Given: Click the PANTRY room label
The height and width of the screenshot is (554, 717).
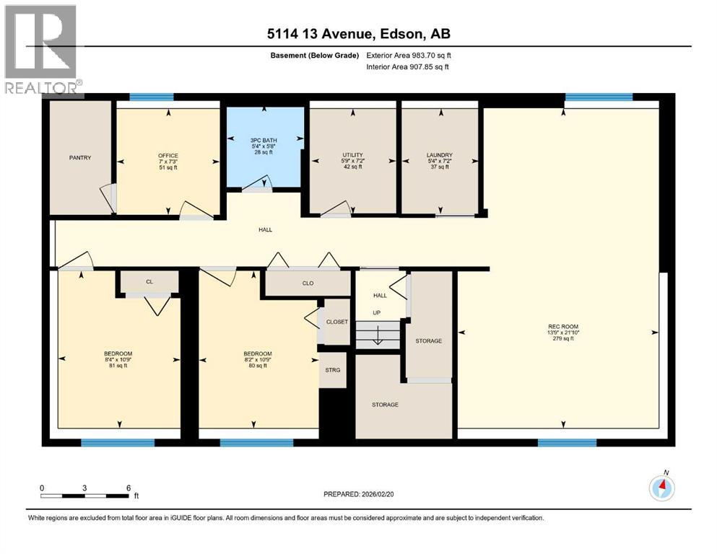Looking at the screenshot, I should click(80, 157).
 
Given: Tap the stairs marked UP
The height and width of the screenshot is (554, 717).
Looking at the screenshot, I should click(378, 333).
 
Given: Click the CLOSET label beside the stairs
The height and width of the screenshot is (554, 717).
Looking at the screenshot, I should click(336, 322).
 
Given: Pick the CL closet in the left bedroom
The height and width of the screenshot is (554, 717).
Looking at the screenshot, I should click(149, 281).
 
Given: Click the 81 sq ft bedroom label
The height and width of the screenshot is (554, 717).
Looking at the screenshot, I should click(118, 359).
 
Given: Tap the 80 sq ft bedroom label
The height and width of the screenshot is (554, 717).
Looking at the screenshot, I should click(257, 359).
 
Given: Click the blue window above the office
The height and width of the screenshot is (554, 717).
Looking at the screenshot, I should click(152, 97).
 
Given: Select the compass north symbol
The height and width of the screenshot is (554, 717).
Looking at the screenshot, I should click(661, 487).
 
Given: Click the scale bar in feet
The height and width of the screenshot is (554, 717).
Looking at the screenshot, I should click(85, 496).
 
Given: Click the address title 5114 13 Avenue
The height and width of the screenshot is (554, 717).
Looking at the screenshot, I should click(358, 33).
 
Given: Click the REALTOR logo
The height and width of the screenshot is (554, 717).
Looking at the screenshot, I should click(41, 50).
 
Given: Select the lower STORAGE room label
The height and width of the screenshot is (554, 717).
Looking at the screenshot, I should click(385, 405).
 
